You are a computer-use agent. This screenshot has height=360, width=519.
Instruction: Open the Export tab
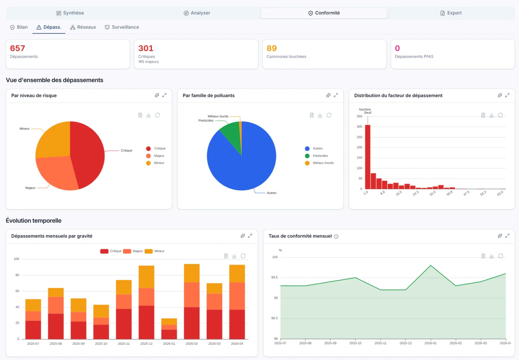(x=451, y=13)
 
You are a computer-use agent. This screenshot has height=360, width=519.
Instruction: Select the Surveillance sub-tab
(x=122, y=27)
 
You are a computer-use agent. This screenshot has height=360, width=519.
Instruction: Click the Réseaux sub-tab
(x=83, y=27)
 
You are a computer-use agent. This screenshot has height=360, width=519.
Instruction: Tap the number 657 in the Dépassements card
(x=17, y=48)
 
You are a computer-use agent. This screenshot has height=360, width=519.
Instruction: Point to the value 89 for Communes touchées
(x=271, y=48)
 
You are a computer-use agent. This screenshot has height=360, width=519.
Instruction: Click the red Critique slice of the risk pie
(x=89, y=153)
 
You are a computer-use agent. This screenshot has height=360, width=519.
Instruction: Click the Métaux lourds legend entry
(x=319, y=163)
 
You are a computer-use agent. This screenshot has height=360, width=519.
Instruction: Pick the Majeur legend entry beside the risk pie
(x=155, y=156)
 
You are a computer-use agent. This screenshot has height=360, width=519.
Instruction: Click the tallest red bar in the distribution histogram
(x=367, y=157)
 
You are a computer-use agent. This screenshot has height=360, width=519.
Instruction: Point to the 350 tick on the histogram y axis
(x=359, y=116)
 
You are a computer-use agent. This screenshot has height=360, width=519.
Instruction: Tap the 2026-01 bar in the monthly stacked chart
(x=169, y=329)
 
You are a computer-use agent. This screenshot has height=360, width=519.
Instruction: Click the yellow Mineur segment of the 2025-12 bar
(x=146, y=277)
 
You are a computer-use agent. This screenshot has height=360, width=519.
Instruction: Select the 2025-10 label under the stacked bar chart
(x=101, y=344)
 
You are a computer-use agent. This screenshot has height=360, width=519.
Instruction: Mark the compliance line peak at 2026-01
(x=430, y=265)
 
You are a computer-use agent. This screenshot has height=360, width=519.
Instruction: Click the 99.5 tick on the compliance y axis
(x=274, y=277)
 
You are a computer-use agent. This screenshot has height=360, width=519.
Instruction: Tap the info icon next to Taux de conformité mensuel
(x=336, y=236)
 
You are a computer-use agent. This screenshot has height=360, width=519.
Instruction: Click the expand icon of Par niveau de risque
(x=164, y=95)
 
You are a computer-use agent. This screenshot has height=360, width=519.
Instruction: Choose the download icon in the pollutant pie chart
(x=320, y=115)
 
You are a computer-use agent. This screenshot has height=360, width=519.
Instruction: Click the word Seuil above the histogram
(x=367, y=113)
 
